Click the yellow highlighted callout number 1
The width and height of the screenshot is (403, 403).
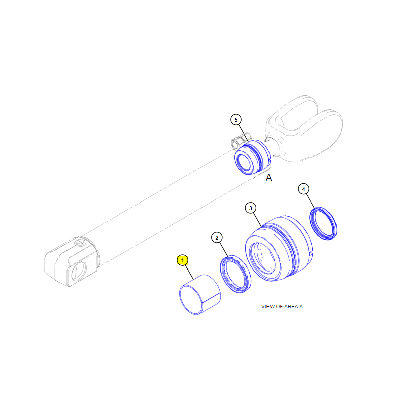pyautogui.click(x=182, y=260)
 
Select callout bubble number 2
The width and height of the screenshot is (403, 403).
pyautogui.click(x=217, y=238)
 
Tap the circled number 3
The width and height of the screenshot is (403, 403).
pyautogui.click(x=250, y=208)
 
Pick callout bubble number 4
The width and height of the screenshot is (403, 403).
pyautogui.click(x=303, y=189)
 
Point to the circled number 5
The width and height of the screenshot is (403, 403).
pyautogui.click(x=236, y=120)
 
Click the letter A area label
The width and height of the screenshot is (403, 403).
pyautogui.click(x=268, y=178)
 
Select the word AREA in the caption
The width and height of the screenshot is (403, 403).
pyautogui.click(x=291, y=306)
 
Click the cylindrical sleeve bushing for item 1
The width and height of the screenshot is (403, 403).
pyautogui.click(x=199, y=295)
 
